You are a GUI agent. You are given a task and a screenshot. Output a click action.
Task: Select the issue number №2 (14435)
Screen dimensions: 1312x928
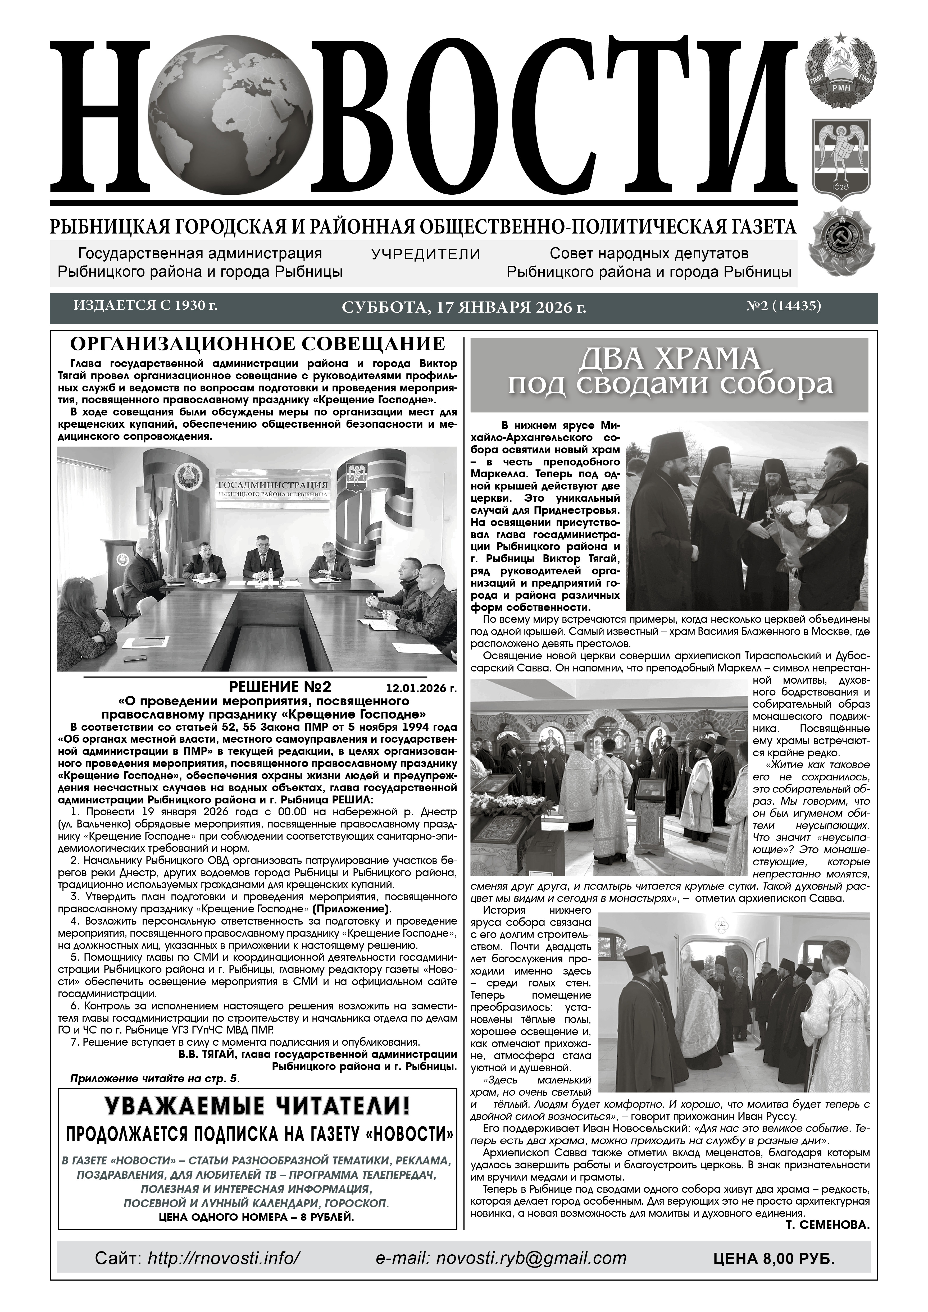point(783,306)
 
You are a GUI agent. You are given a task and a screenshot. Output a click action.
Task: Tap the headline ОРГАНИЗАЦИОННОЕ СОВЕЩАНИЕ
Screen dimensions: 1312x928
point(257,344)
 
